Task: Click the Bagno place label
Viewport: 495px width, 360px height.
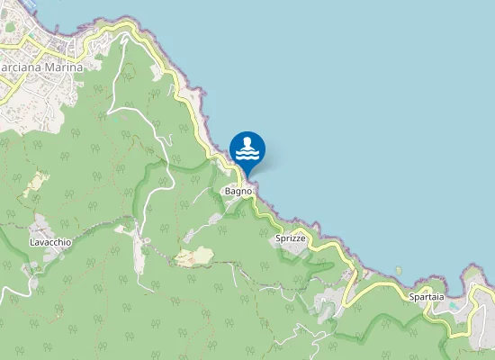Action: pyautogui.click(x=238, y=192)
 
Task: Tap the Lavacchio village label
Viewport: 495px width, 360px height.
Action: pyautogui.click(x=50, y=242)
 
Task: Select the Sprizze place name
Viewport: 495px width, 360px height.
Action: pyautogui.click(x=290, y=238)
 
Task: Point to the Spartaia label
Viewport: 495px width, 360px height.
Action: pyautogui.click(x=426, y=297)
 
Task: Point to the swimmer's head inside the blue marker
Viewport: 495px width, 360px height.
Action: pyautogui.click(x=247, y=142)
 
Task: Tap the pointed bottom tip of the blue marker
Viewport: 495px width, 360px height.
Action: pyautogui.click(x=247, y=175)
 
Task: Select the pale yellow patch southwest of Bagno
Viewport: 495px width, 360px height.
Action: pyautogui.click(x=194, y=257)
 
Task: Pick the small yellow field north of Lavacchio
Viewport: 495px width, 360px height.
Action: pyautogui.click(x=35, y=184)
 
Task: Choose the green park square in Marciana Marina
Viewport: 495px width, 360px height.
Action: pyautogui.click(x=11, y=27)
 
